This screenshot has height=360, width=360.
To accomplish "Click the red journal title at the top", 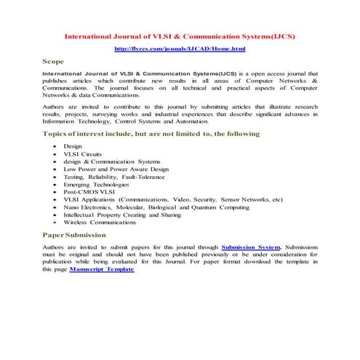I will tap(180, 35).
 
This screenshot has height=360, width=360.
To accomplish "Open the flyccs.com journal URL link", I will tap(180, 49).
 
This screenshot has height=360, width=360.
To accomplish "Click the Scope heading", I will tap(55, 62).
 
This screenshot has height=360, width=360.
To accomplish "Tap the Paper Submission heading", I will tap(74, 235).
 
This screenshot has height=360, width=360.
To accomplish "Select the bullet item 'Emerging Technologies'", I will tap(96, 185).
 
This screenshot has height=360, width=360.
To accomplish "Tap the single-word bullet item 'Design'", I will tap(73, 147).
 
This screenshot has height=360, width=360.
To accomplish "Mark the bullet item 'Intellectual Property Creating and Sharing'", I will tap(123, 215).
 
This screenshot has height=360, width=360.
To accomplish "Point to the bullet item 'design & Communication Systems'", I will tap(111, 161).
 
